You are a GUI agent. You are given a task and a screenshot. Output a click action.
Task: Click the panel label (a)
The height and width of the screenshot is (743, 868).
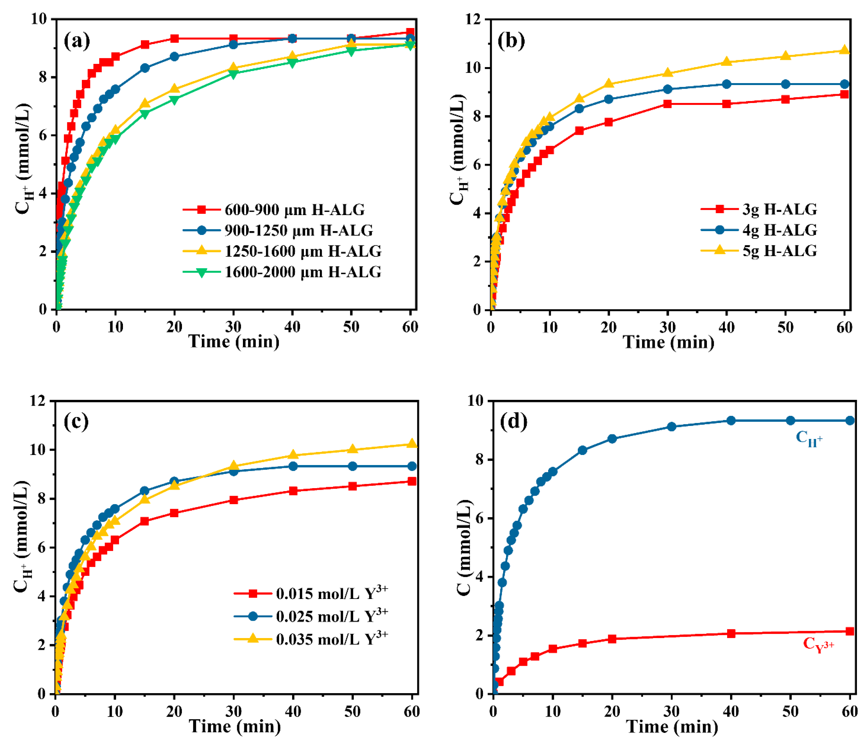tap(77, 41)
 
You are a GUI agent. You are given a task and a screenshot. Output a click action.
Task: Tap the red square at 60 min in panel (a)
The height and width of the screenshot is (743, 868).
tap(410, 32)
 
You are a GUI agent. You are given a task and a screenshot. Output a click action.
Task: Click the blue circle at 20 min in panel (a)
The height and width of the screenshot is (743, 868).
tap(174, 56)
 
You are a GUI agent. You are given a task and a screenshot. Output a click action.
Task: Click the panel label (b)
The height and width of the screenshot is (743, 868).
tap(511, 41)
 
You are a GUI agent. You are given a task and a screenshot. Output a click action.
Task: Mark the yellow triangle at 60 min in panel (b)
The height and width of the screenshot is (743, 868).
tap(845, 50)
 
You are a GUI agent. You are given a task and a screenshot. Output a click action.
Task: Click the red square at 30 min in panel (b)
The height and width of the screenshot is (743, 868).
tap(667, 104)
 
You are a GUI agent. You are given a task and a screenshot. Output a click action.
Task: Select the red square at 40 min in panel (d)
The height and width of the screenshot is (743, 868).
tap(731, 633)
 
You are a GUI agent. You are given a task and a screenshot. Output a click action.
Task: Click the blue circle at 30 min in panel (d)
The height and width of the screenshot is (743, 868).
tap(671, 427)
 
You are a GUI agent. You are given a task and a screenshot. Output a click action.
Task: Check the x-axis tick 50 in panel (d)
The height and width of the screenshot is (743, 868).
tap(790, 711)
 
